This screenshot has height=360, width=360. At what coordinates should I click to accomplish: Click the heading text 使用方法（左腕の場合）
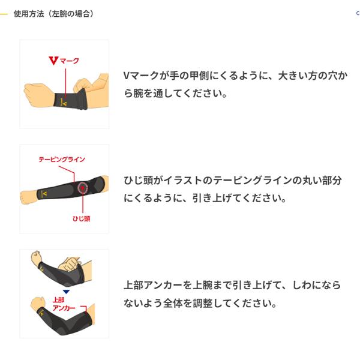[53, 13]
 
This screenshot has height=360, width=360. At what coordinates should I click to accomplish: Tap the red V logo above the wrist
[51, 61]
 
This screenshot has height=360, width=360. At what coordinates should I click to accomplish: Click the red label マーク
[69, 61]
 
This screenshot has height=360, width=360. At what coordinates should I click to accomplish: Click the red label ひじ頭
[80, 219]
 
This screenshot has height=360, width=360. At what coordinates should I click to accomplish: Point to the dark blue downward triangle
[66, 292]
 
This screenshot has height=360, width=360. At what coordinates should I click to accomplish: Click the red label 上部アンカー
[62, 304]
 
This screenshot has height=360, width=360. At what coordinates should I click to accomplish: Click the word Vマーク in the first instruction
[142, 76]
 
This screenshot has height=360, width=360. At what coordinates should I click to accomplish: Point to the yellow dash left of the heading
[4, 13]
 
